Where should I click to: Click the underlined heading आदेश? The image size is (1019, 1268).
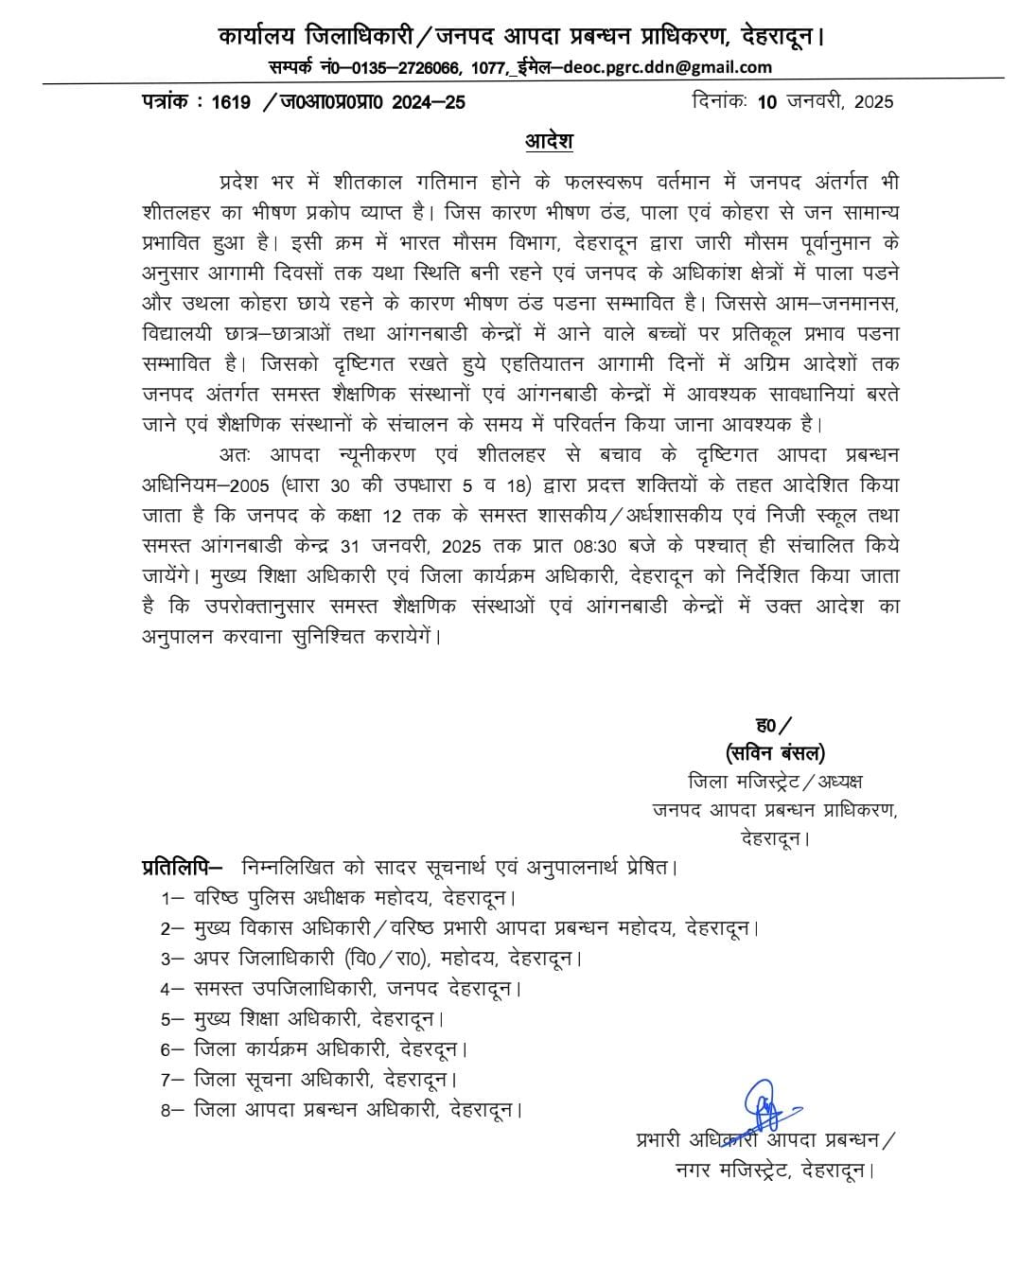point(549,142)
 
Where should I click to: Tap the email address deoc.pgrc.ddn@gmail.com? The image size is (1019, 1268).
point(667,67)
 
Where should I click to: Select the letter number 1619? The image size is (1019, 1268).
point(232,103)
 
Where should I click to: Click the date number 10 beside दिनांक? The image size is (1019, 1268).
point(766,102)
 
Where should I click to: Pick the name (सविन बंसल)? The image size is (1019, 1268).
point(775,753)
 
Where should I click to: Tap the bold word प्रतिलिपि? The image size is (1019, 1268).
point(180,866)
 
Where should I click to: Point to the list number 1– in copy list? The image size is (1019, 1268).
point(171,898)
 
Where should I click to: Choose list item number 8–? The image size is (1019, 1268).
point(171,1110)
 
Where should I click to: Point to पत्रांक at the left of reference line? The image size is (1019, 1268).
point(167,103)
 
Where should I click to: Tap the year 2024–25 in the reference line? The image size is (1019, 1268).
point(429,103)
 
